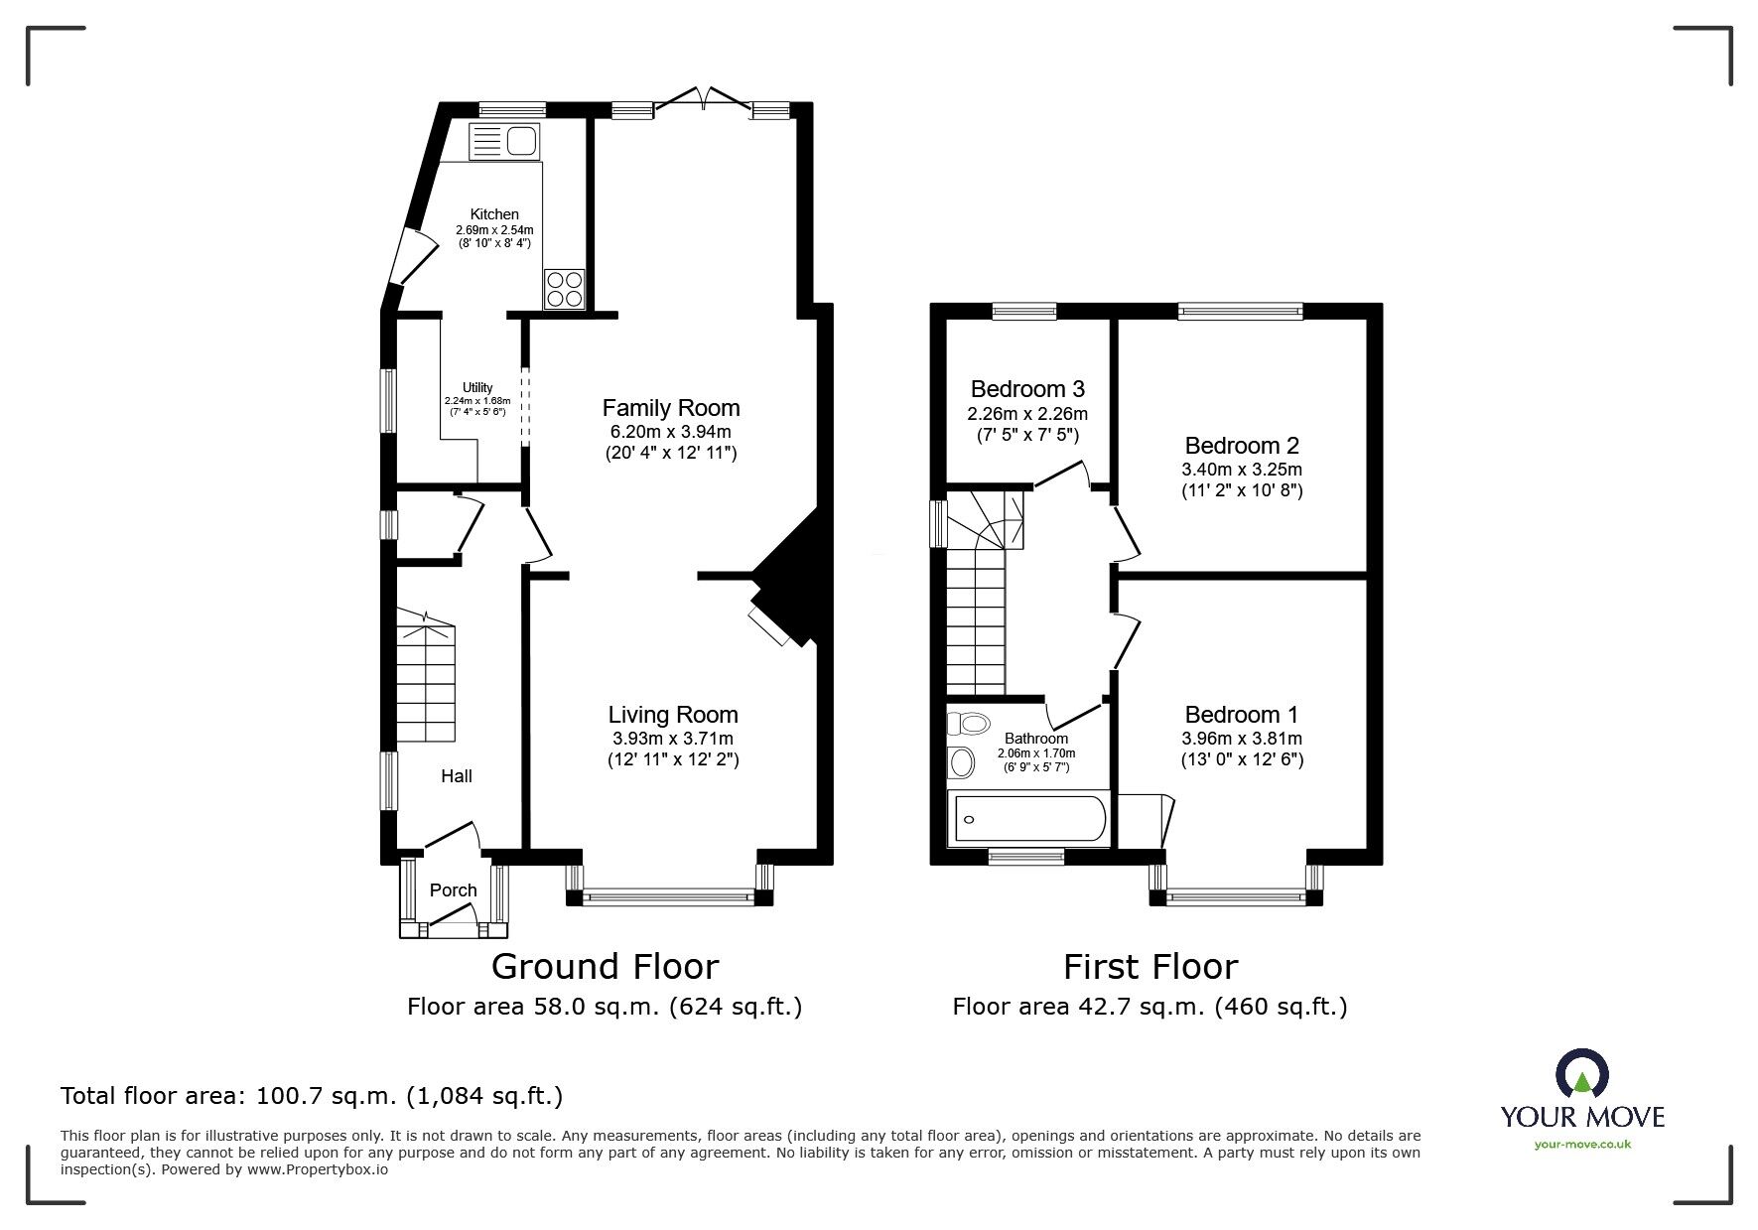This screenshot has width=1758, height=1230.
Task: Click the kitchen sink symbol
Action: point(504,142)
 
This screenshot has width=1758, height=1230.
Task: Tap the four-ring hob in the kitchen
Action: point(564,289)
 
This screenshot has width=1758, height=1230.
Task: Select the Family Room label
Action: point(671,408)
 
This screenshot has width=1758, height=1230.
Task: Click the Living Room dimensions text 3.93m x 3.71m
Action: point(673,738)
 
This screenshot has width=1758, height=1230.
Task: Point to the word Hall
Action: point(457,776)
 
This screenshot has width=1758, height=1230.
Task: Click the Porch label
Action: point(453,890)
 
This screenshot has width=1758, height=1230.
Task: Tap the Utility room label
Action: point(477,387)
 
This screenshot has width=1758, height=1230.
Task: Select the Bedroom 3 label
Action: point(1027,389)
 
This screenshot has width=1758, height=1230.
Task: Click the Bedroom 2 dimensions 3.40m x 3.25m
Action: point(1242,470)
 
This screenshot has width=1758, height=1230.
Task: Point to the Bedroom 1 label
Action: point(1242,715)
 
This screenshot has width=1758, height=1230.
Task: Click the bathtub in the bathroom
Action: point(1029,820)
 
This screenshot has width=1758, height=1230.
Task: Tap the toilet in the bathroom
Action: point(975,724)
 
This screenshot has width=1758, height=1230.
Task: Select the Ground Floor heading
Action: point(605,966)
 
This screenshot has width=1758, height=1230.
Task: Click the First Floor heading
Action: point(1150,966)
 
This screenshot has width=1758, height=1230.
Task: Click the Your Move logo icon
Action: point(1581,1075)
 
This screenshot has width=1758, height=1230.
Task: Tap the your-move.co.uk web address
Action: point(1582,1145)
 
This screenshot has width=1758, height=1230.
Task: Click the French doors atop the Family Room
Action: point(704,98)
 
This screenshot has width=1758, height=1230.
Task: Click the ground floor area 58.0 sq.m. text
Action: point(604,1007)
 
